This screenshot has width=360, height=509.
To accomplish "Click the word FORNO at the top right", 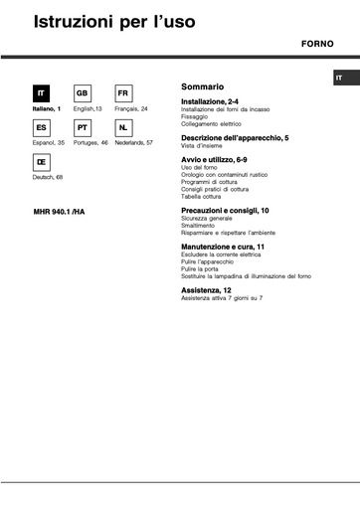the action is [318, 46].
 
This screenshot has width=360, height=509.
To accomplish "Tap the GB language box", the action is [84, 92].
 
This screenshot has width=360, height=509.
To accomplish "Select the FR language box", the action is [124, 92].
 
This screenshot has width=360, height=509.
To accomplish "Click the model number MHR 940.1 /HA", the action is [59, 213].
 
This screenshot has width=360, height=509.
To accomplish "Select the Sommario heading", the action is [203, 85].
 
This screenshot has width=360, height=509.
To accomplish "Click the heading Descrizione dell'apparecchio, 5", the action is [233, 137].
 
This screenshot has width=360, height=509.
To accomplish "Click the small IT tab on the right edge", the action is [339, 78].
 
